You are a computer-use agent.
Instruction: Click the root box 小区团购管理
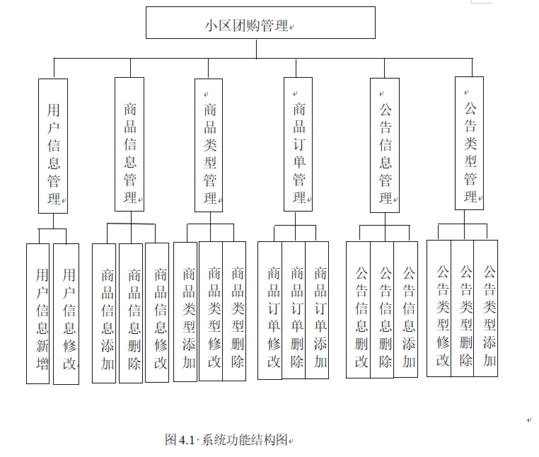point(260,23)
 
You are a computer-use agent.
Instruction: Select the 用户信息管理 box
point(53,145)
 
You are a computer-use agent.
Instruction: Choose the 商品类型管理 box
point(209,145)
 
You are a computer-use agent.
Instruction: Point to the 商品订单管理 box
point(298,145)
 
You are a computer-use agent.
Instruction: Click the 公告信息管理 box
point(385,145)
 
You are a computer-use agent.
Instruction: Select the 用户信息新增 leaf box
point(38,313)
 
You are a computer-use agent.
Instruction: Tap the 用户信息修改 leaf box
point(66,313)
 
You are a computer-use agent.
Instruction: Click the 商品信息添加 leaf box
point(104,313)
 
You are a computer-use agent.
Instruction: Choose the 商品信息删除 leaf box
point(131,313)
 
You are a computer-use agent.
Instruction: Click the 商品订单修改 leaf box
point(269,310)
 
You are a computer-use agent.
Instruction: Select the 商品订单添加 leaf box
point(318,310)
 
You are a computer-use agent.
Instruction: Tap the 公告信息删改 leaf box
point(358,310)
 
